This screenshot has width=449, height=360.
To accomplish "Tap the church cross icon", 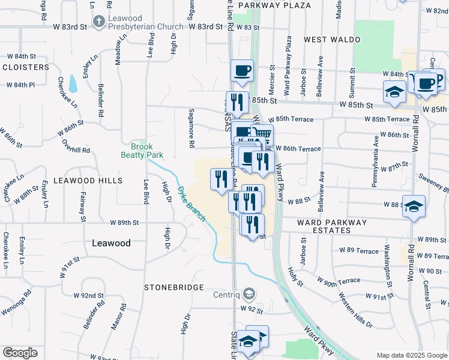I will [99, 22].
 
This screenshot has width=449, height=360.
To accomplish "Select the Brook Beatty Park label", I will [142, 151].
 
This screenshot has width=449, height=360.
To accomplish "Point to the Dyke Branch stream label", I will [191, 204].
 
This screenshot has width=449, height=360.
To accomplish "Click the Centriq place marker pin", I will [249, 294].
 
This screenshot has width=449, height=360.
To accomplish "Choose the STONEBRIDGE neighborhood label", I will [174, 287].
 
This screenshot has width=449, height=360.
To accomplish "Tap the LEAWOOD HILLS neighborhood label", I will [88, 180].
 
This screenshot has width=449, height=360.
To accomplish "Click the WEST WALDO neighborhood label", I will [327, 40].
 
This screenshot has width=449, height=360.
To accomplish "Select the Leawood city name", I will [111, 243].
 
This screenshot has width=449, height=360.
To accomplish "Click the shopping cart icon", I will [262, 134].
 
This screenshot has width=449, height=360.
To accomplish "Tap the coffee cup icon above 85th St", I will [242, 70].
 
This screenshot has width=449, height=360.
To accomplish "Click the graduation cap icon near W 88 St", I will [414, 206].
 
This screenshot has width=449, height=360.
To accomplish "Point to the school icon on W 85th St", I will [394, 92].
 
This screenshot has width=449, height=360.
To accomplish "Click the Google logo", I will [20, 353].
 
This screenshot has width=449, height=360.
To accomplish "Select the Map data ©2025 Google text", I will [411, 355].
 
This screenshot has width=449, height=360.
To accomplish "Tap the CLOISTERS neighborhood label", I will [26, 67].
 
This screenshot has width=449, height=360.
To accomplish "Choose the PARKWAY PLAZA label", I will [274, 5].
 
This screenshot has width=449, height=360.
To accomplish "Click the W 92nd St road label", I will [89, 296].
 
